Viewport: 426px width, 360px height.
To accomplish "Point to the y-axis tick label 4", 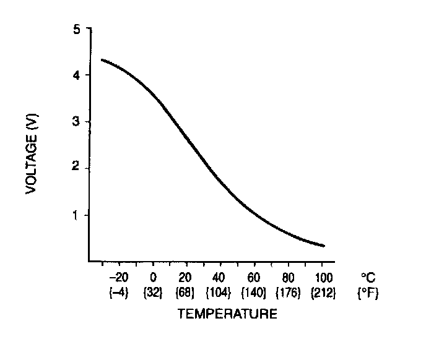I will click(x=77, y=75).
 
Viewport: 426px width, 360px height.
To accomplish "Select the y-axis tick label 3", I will click(x=77, y=122).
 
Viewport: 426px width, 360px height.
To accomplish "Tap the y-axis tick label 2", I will click(x=77, y=168).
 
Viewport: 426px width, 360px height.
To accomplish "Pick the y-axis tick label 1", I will click(x=77, y=215).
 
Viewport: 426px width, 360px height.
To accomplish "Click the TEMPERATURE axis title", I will click(x=227, y=314).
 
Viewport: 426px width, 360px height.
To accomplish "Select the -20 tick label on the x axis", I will click(x=118, y=278).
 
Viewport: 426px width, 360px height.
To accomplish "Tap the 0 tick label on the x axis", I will click(x=152, y=278).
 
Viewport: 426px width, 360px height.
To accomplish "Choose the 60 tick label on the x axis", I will click(x=254, y=278).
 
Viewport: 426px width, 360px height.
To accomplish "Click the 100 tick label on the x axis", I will click(x=322, y=278).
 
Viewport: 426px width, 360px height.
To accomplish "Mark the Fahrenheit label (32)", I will click(x=152, y=293).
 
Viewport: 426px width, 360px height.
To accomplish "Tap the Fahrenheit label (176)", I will click(x=288, y=293).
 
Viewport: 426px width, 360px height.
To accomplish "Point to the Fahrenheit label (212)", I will click(x=322, y=293).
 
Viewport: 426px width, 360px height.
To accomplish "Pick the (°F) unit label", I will click(x=367, y=293).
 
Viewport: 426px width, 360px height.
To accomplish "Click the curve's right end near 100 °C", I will click(x=323, y=246).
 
